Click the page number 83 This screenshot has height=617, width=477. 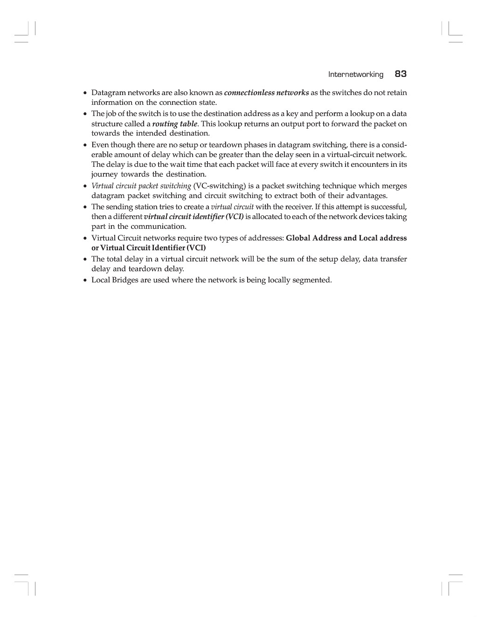click(x=401, y=74)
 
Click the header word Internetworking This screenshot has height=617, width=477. click(x=356, y=75)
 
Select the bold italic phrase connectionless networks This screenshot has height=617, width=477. click(x=266, y=93)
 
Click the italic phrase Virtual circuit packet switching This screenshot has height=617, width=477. click(x=141, y=186)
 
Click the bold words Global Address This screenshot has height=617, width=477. click(x=313, y=238)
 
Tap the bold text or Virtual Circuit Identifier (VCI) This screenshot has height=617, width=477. click(x=149, y=248)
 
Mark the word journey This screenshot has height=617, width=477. click(x=104, y=175)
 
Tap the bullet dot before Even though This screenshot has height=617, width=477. click(x=85, y=145)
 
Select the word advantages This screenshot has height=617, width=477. click(x=366, y=196)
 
